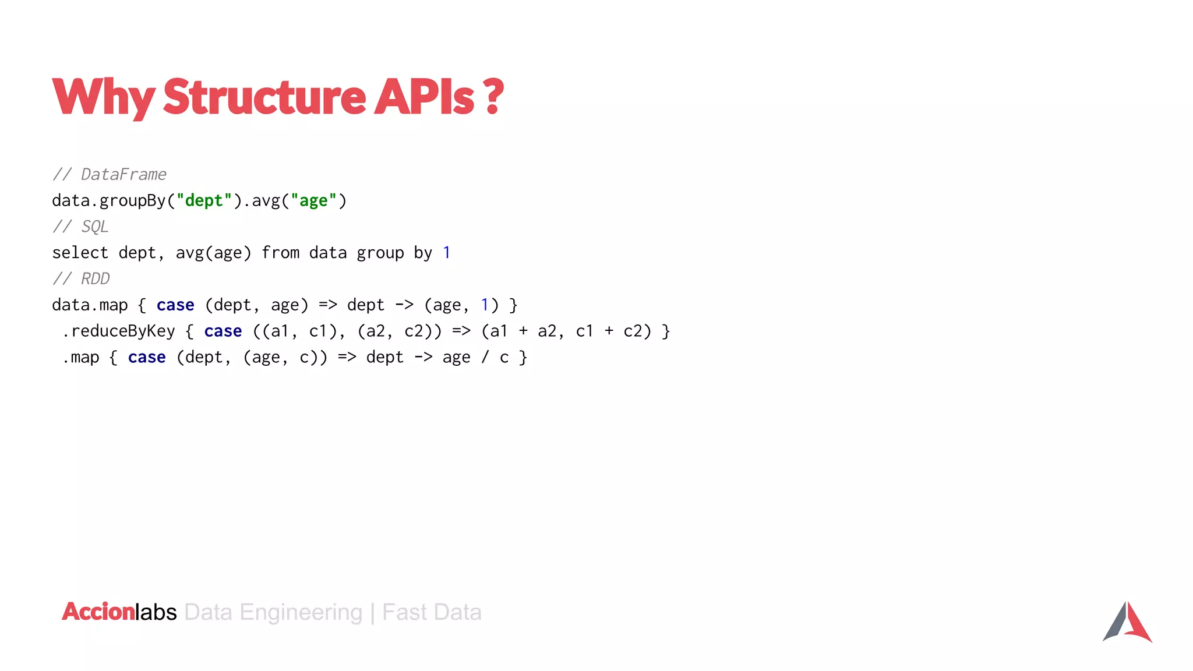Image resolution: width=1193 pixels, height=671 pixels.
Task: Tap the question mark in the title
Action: tap(493, 97)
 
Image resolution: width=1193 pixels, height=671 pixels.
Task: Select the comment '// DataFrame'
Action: tap(110, 174)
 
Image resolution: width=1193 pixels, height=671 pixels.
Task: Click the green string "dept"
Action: tap(204, 200)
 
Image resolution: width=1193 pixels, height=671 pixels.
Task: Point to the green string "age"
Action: tap(313, 200)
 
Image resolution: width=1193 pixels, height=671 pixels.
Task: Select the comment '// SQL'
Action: tap(81, 227)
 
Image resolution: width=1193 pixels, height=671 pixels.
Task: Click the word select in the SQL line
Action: tap(80, 253)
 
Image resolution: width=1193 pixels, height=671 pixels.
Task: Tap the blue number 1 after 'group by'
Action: tap(446, 253)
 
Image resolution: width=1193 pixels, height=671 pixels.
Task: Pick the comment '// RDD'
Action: tap(81, 279)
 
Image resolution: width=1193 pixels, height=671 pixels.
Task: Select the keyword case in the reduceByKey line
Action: tap(223, 331)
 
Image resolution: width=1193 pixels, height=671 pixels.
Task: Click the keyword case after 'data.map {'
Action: tap(175, 305)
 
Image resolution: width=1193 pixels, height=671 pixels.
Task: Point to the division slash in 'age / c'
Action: tap(485, 357)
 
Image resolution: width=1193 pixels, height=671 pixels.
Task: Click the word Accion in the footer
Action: tap(98, 612)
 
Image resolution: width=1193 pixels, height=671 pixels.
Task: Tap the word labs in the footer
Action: tap(156, 612)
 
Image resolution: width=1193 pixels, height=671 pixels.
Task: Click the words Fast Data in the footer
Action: tap(432, 612)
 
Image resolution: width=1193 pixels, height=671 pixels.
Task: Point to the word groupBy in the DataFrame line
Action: tap(133, 200)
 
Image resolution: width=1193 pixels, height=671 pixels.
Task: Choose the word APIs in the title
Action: tap(424, 97)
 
